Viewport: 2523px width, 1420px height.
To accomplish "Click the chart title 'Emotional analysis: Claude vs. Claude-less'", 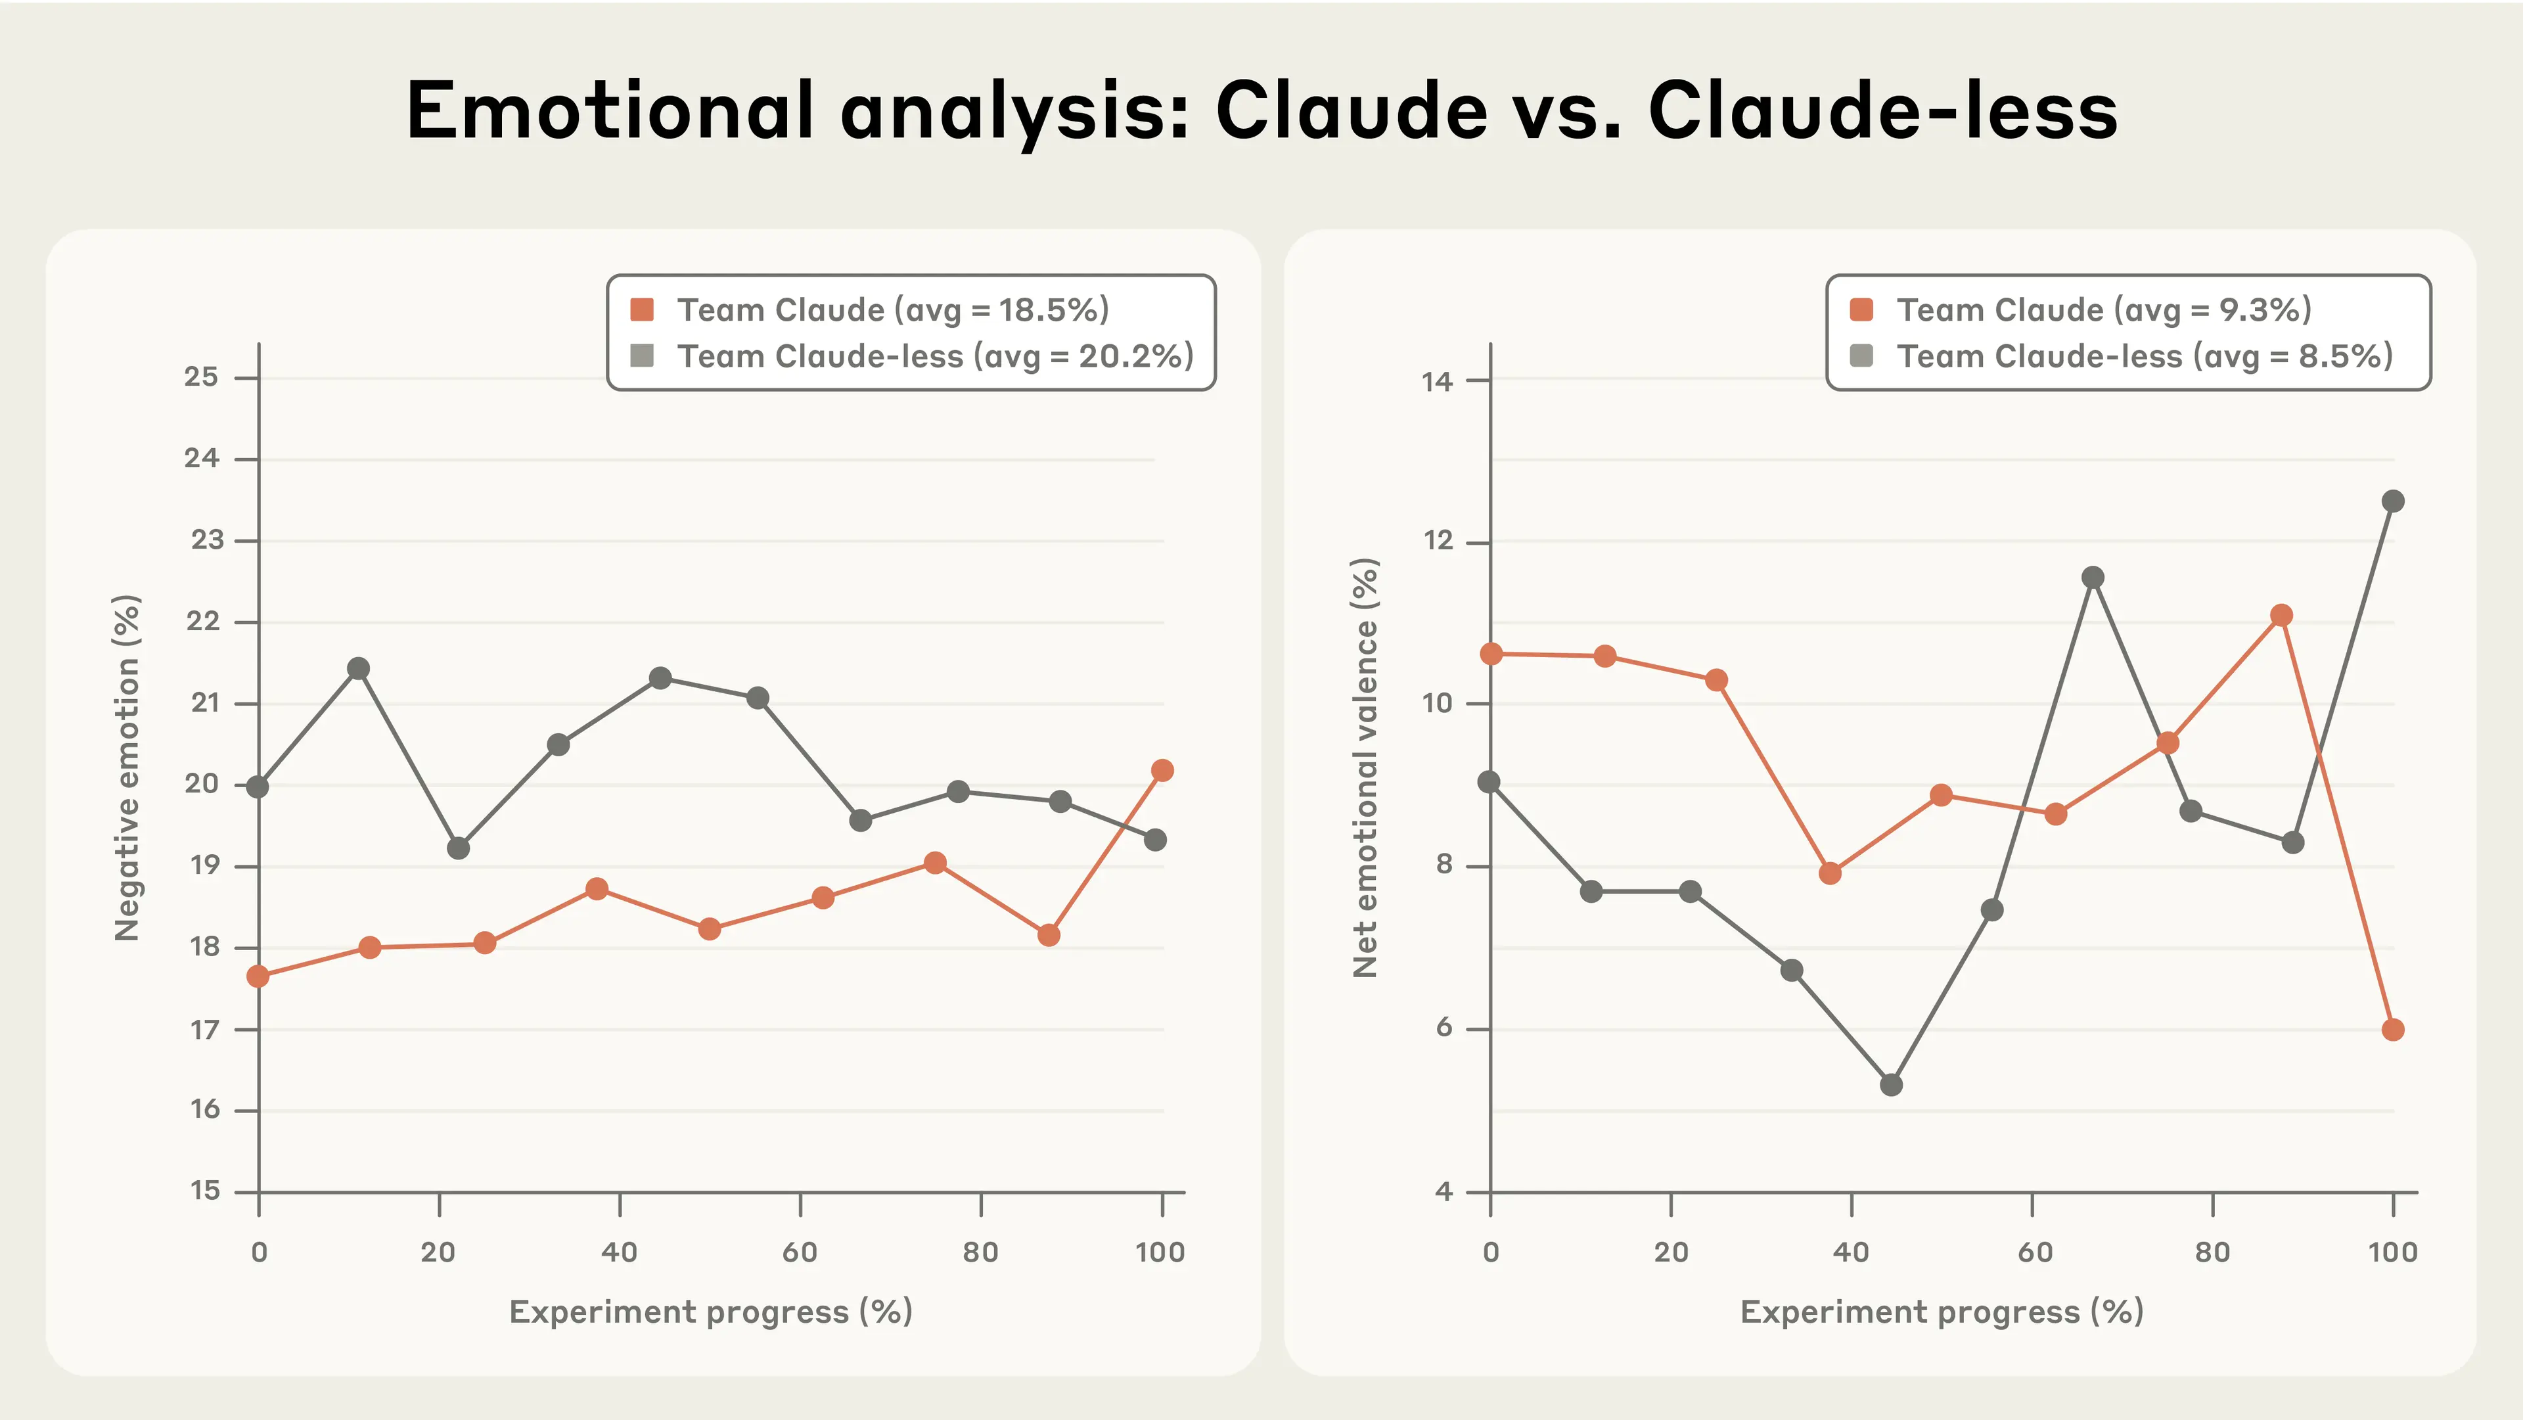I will [1261, 110].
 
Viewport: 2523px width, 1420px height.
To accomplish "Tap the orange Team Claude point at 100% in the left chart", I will [1162, 771].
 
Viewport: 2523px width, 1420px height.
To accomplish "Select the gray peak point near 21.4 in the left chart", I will [359, 669].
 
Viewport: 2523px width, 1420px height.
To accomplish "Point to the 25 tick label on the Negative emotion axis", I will [202, 377].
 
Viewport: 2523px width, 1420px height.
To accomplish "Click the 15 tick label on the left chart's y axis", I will [205, 1191].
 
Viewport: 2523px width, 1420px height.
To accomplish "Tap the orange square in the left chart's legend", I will [643, 310].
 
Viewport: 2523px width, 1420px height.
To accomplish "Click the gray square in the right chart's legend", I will [1861, 355].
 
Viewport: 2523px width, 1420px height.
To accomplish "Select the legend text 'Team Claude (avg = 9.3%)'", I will [2104, 310].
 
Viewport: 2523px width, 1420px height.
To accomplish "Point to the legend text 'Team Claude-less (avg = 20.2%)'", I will [936, 356].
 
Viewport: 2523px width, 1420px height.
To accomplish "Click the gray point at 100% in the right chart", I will [2393, 501].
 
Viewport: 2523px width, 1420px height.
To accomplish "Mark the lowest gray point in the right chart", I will [1892, 1085].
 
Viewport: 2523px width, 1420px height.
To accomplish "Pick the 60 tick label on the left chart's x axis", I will [799, 1252].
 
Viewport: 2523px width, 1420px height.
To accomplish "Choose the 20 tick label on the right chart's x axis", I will [1671, 1252].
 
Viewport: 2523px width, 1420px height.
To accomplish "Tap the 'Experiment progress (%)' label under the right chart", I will [1942, 1312].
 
